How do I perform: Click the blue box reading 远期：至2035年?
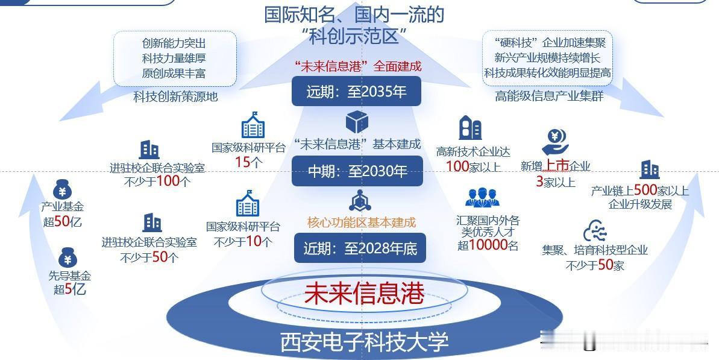[x=356, y=92]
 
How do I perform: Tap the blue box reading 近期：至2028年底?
[x=360, y=248]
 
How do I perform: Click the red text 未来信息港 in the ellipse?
[x=364, y=294]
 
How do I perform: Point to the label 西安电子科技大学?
[x=364, y=342]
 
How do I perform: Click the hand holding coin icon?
[x=555, y=143]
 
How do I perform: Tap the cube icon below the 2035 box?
[x=356, y=122]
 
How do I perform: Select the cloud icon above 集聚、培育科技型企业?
[x=594, y=232]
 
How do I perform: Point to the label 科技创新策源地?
[x=175, y=96]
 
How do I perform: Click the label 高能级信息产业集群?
[x=549, y=96]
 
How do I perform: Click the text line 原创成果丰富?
[x=174, y=74]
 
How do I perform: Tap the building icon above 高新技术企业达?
[x=470, y=128]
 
